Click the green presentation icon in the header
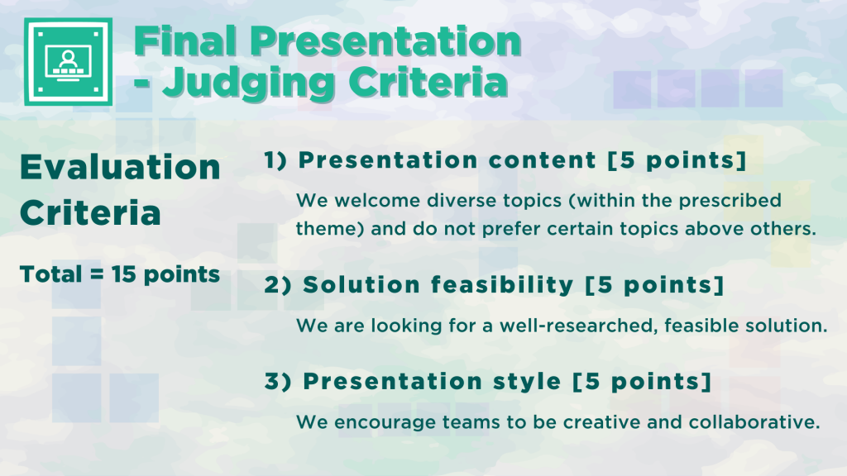click(x=68, y=61)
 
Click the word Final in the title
click(x=185, y=41)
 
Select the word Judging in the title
click(x=248, y=83)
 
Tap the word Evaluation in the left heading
click(x=120, y=167)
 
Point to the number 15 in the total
click(x=124, y=274)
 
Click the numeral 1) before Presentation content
click(x=275, y=160)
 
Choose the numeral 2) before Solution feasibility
click(x=278, y=285)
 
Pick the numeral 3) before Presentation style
click(x=278, y=382)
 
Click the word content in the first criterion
click(x=542, y=160)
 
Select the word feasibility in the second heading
click(x=502, y=285)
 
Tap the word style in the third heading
click(x=527, y=382)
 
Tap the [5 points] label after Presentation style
click(x=642, y=382)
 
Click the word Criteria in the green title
click(x=428, y=83)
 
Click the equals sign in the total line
click(x=97, y=274)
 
